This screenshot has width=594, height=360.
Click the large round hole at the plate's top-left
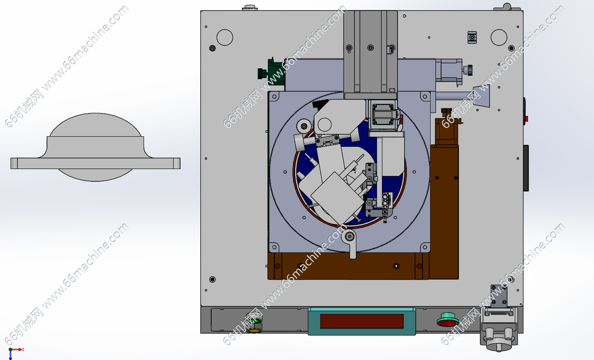(x=225, y=37)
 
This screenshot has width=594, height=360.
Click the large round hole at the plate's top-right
(x=499, y=37)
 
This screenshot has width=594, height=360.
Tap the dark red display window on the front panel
(x=362, y=321)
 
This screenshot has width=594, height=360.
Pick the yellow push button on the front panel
(x=254, y=330)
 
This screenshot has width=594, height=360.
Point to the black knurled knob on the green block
(x=262, y=73)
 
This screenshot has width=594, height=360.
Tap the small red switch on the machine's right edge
(x=526, y=119)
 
